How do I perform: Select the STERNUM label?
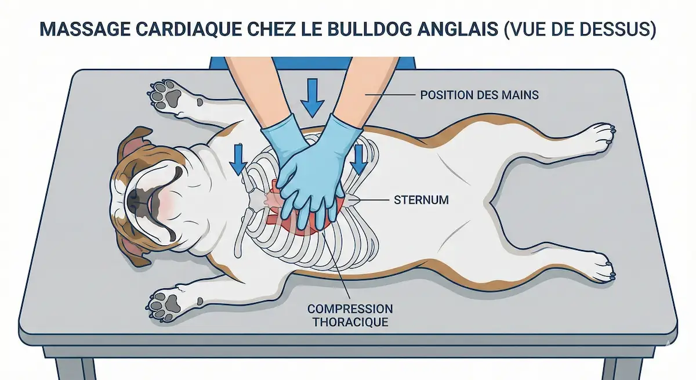tap(421, 200)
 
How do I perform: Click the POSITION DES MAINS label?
tap(480, 95)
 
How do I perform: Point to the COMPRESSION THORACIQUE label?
tap(350, 316)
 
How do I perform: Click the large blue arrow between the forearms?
tap(312, 98)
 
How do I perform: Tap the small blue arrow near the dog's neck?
tap(238, 160)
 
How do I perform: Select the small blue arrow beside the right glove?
tap(359, 160)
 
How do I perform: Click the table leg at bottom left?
tap(75, 369)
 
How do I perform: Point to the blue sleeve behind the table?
tap(312, 63)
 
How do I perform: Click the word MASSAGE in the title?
tap(85, 29)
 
